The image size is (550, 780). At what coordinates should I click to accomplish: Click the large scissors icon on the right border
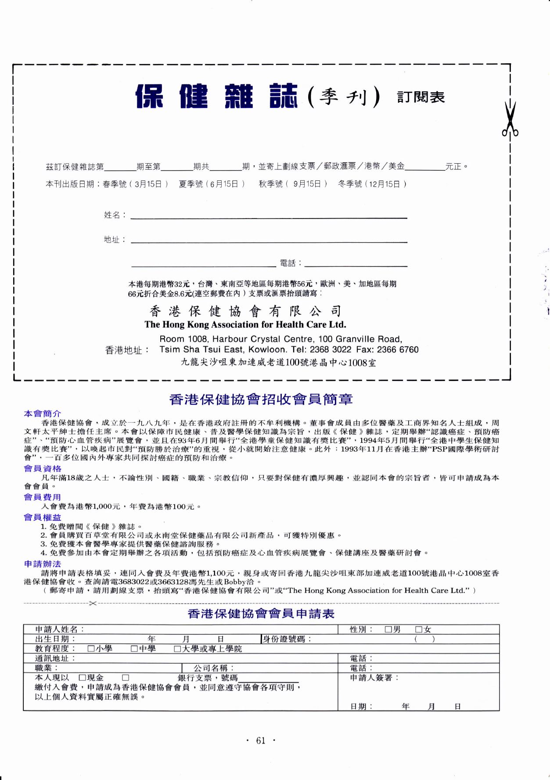(510, 119)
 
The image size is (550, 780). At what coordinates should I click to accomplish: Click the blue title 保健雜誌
(216, 97)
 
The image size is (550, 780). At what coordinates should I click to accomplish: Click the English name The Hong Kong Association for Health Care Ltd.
(245, 325)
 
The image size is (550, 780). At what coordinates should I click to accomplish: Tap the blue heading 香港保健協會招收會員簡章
(261, 399)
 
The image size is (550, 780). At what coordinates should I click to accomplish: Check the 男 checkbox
(388, 629)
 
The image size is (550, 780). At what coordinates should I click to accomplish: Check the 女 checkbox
(419, 629)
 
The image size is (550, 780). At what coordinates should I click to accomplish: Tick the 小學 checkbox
(91, 648)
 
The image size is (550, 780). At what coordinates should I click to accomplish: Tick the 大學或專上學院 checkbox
(177, 648)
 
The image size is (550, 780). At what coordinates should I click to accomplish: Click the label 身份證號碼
(286, 639)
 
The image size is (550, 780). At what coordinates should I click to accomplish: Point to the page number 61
(261, 741)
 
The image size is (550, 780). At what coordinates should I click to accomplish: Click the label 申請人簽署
(374, 678)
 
